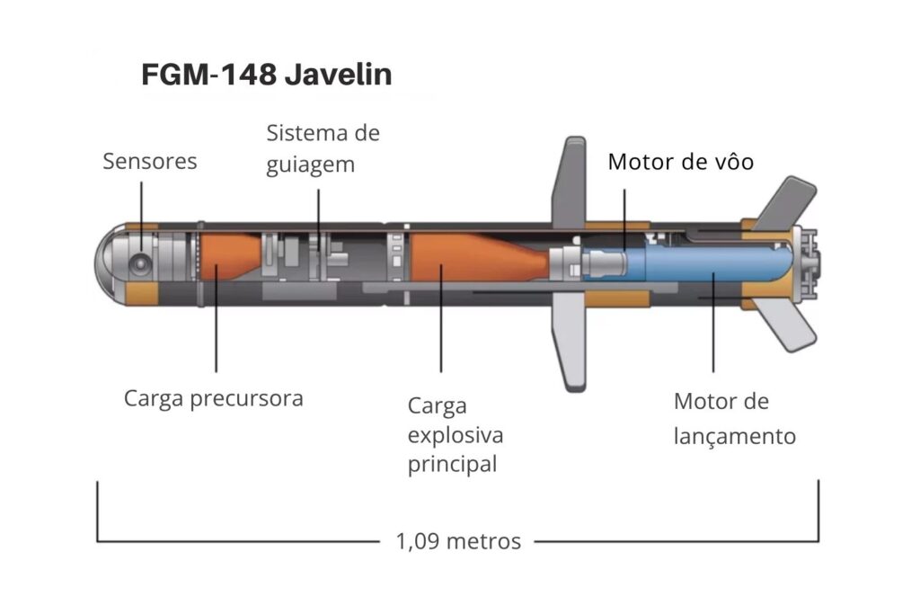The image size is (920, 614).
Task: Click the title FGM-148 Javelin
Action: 266,75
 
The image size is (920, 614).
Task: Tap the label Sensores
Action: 149,162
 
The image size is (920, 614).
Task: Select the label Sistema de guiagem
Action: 323,149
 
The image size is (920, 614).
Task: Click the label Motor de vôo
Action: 680,162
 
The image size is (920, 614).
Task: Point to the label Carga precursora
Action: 213,397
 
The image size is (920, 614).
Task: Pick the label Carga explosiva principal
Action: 455,435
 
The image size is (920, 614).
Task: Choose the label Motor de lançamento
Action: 734,419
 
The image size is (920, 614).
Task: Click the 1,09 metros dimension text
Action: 457,541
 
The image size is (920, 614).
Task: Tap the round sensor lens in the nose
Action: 140,263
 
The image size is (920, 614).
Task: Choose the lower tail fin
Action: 789,325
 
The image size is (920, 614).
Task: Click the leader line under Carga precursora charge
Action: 217,333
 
